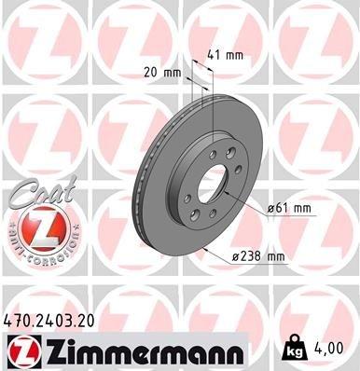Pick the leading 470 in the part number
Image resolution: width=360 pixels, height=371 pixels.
point(18,321)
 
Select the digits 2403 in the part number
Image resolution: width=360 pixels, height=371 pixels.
point(53,321)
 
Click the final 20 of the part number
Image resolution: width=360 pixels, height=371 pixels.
point(86,321)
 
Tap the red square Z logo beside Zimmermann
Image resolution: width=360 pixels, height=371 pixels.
point(21,350)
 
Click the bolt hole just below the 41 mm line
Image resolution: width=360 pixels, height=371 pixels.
point(215,155)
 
